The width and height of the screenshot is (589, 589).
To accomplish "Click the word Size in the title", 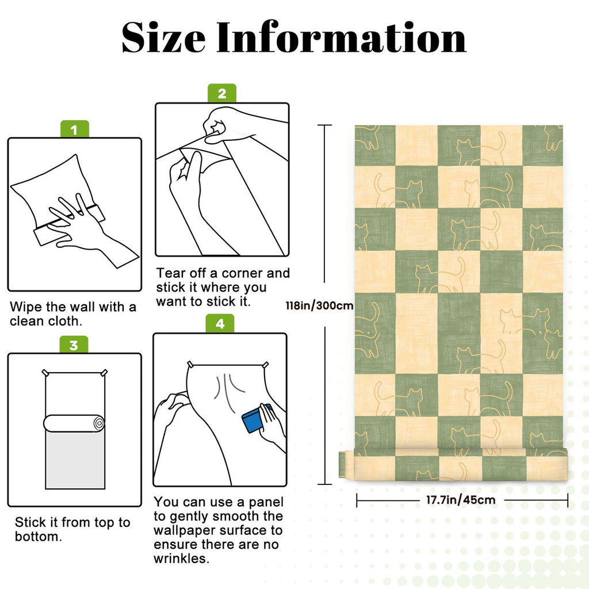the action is (x=163, y=37).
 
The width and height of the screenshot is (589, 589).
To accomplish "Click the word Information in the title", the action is (x=342, y=37).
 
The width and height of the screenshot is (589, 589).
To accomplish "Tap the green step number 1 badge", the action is (x=74, y=129).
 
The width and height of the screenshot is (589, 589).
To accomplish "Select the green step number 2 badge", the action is (x=222, y=93).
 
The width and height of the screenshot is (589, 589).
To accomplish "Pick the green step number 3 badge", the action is (x=74, y=345).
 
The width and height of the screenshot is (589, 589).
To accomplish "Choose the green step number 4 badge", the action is (x=220, y=323).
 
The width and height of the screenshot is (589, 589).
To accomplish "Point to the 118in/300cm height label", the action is (x=319, y=305).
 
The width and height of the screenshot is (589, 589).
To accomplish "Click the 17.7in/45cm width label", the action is (x=461, y=500).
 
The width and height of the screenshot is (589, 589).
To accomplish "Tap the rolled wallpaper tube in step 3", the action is (x=74, y=423).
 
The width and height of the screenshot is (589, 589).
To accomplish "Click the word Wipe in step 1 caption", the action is (x=26, y=307).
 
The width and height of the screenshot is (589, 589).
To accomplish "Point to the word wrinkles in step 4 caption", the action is (x=181, y=559).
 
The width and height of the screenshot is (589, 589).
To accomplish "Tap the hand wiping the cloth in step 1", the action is (x=86, y=229).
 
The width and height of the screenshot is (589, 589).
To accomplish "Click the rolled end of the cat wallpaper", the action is (x=453, y=465).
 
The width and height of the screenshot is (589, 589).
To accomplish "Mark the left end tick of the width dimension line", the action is (x=357, y=500).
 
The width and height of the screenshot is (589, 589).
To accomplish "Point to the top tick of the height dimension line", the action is (x=325, y=125).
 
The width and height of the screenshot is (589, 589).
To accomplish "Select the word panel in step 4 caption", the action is (x=266, y=502).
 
